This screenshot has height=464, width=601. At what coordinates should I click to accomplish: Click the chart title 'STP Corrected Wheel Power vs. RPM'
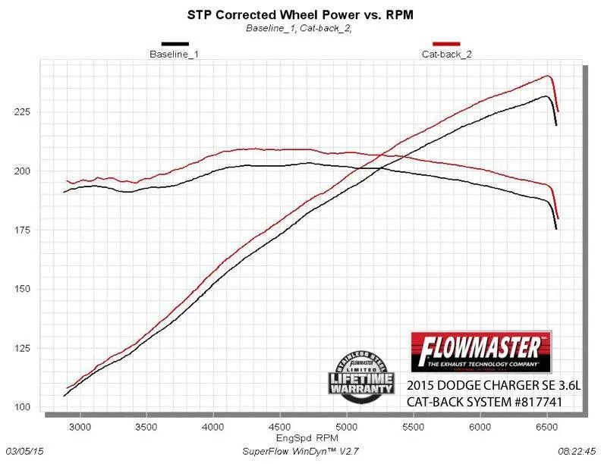point(300,14)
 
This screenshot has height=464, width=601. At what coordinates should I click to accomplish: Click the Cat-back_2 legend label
point(445,55)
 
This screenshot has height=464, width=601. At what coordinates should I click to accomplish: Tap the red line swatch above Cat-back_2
point(445,45)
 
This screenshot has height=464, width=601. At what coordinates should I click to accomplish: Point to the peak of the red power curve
point(546,76)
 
